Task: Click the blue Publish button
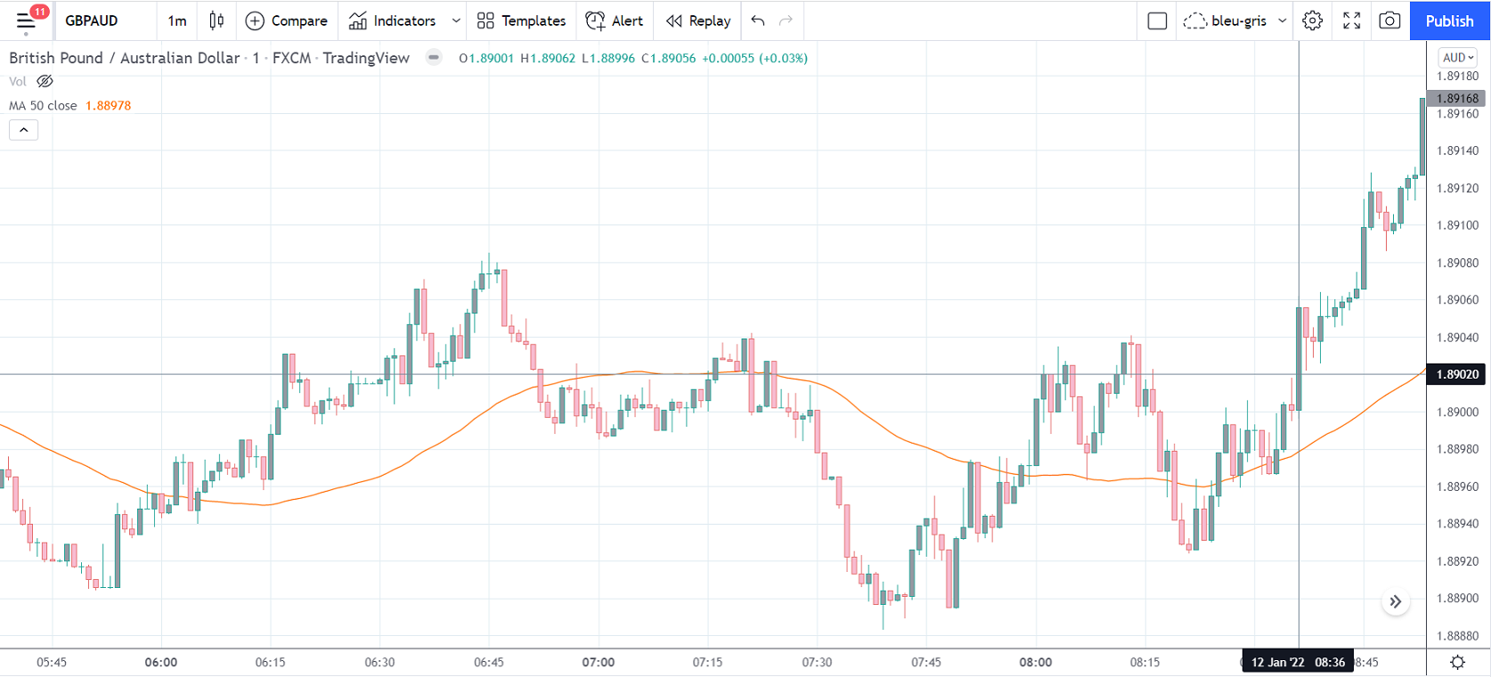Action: (x=1449, y=20)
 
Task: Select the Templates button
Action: (x=521, y=20)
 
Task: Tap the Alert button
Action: (x=615, y=20)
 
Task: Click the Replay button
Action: (x=698, y=20)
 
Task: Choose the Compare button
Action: (x=286, y=20)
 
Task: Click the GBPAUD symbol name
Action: (x=91, y=20)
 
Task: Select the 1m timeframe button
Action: (x=177, y=20)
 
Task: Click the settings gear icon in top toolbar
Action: (x=1312, y=20)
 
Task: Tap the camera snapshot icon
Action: (x=1389, y=20)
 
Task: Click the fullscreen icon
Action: (x=1351, y=20)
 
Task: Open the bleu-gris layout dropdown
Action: (x=1235, y=20)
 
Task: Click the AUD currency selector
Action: (x=1458, y=57)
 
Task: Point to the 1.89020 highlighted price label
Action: (x=1457, y=374)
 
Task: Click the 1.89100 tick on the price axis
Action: (x=1457, y=225)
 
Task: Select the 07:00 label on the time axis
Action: (x=599, y=662)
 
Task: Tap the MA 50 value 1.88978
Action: (x=108, y=105)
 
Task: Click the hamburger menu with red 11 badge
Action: (x=27, y=20)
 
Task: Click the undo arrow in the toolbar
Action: (x=758, y=20)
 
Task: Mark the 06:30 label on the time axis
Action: (x=379, y=662)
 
